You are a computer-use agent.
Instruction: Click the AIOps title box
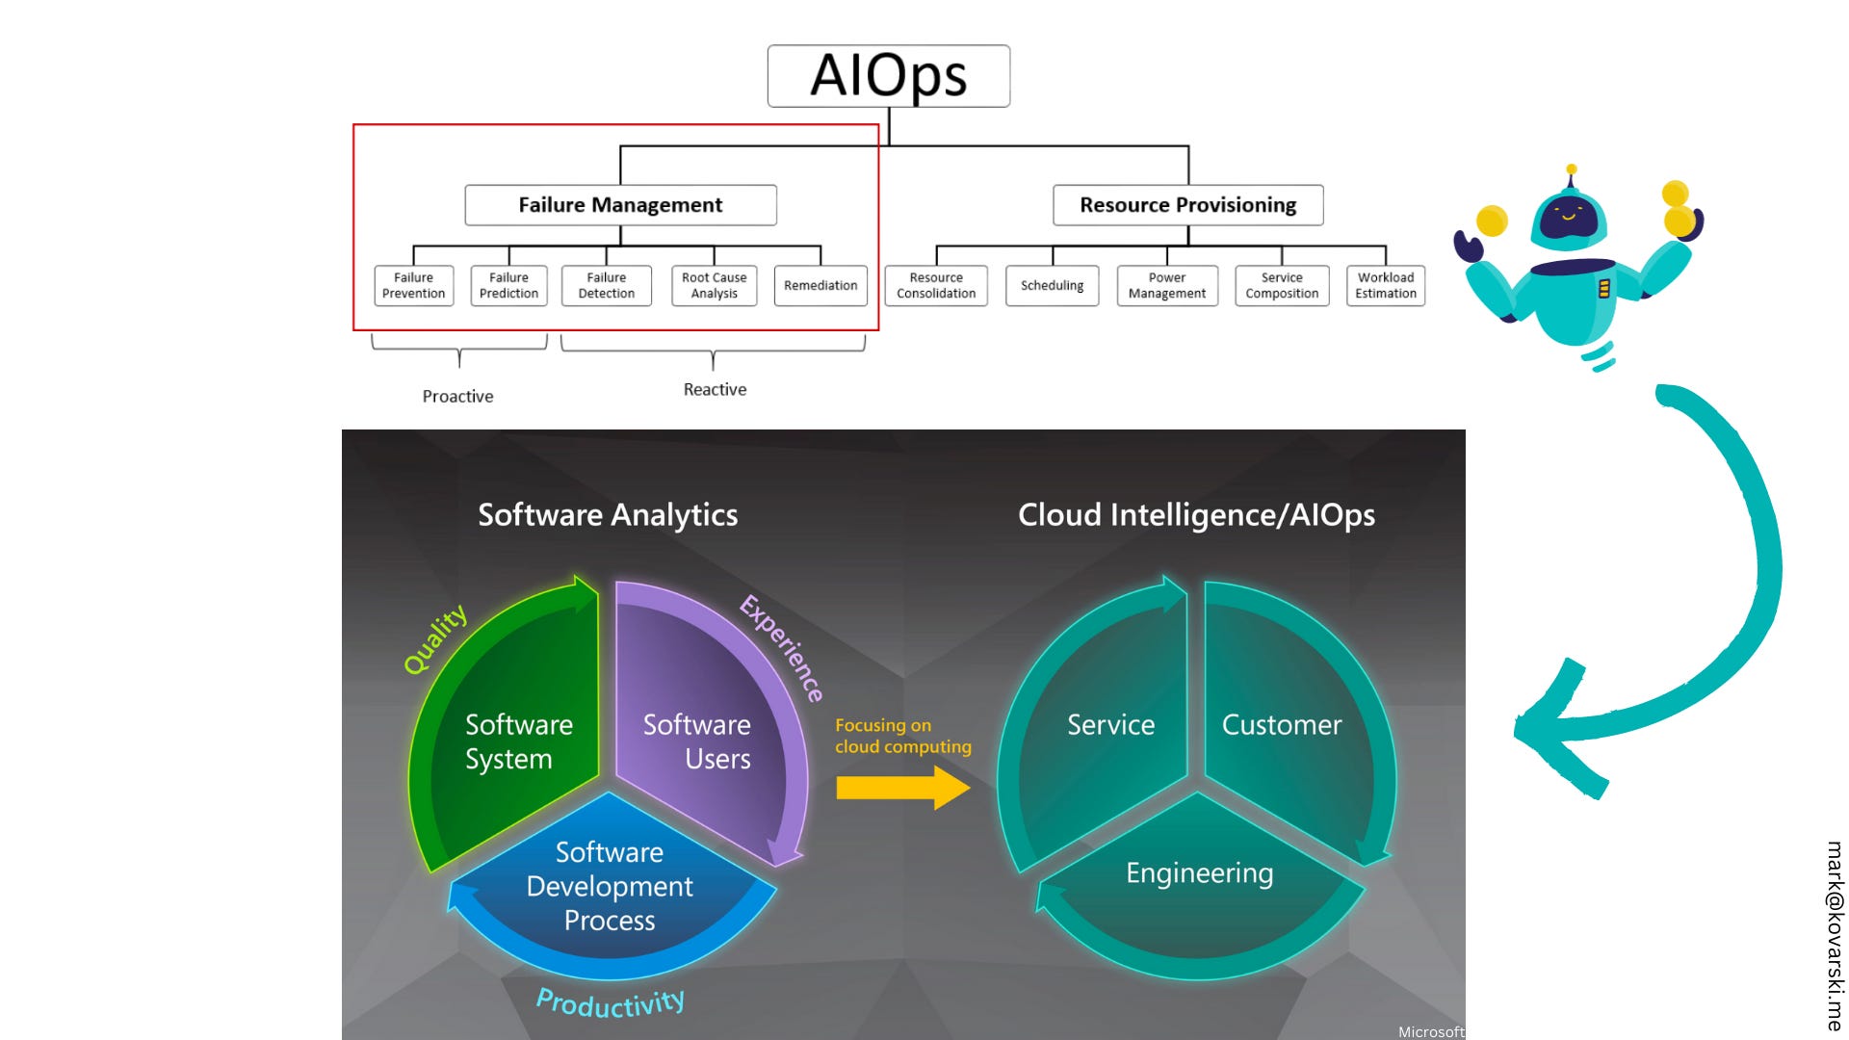point(888,76)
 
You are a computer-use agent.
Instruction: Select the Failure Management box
point(620,205)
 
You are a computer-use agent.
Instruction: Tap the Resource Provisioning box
point(1187,205)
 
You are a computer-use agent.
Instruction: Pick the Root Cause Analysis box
point(714,286)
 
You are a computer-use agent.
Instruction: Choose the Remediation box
point(820,286)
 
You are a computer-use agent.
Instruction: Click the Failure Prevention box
point(413,286)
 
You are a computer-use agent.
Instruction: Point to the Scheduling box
point(1052,286)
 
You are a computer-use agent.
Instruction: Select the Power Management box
point(1166,286)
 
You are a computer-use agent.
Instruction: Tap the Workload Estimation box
point(1386,286)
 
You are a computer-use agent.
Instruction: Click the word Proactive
point(457,397)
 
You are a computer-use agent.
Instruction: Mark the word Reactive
point(715,390)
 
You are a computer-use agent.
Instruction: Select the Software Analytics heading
point(608,515)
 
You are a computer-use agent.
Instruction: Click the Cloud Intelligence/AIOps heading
point(1196,515)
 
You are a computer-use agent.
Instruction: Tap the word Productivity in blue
point(611,1003)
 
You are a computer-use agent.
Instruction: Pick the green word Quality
point(435,638)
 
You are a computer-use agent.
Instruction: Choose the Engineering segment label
point(1199,873)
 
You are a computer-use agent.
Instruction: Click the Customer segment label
point(1281,725)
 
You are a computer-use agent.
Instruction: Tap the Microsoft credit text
point(1431,1031)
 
